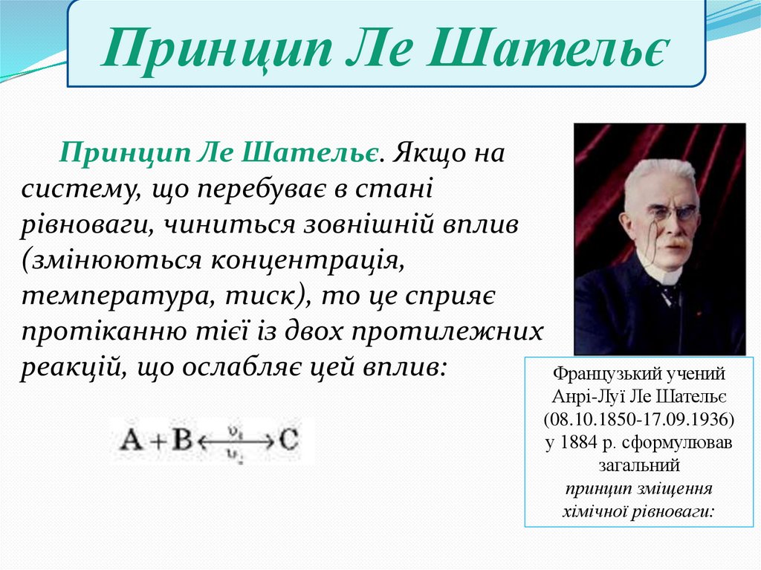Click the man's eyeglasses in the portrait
tap(668, 214)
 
